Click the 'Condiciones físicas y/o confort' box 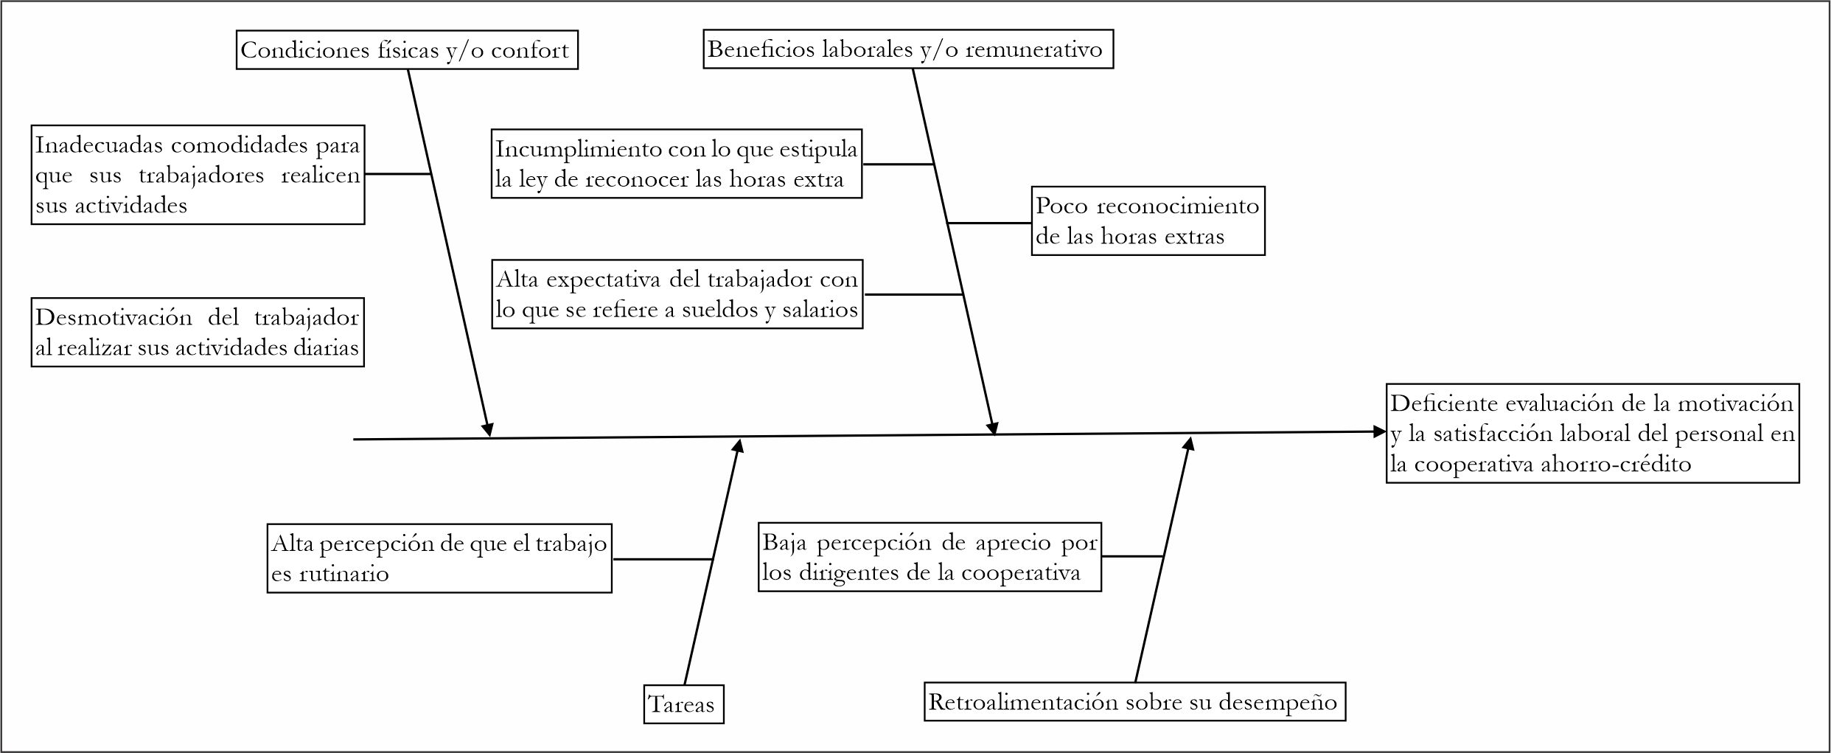(x=407, y=50)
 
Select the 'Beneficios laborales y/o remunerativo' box (x=907, y=49)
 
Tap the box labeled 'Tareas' (x=683, y=704)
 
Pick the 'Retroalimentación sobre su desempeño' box (x=1134, y=701)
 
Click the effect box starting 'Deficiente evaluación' (x=1592, y=434)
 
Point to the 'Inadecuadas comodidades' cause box (x=198, y=175)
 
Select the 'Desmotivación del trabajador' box (x=198, y=333)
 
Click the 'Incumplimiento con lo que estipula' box (x=676, y=164)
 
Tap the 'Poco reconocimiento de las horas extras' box (x=1148, y=221)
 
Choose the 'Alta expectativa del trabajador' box (x=677, y=294)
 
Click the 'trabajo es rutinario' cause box (x=439, y=558)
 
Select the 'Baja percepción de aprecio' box (x=930, y=557)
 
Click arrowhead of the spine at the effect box (x=1380, y=432)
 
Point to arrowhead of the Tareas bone (x=739, y=445)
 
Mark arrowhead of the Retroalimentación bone (x=1189, y=443)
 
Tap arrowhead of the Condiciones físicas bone (x=488, y=430)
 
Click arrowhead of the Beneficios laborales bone (x=993, y=428)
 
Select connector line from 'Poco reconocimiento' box (x=989, y=223)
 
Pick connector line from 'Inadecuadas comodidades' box (x=397, y=174)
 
